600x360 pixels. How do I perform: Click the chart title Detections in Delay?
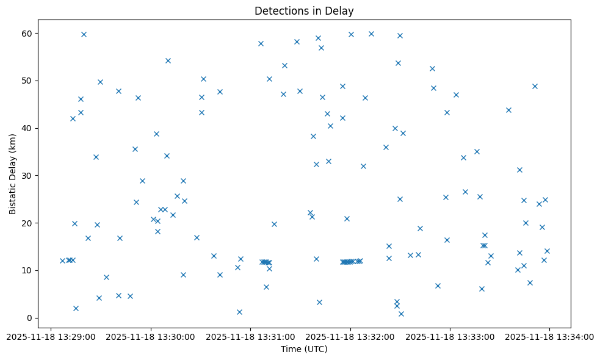[304, 11]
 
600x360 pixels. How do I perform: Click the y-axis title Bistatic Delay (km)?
[13, 174]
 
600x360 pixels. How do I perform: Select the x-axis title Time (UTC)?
[304, 349]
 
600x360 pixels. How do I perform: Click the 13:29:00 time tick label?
[51, 337]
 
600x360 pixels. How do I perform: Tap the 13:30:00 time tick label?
[151, 337]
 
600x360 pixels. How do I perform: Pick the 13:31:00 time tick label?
[251, 337]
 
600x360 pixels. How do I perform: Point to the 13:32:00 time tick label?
[350, 337]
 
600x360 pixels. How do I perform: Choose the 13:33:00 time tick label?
[450, 337]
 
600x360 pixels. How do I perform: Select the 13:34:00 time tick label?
[550, 337]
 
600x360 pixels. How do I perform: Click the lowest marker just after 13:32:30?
[401, 314]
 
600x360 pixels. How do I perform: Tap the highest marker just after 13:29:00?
[84, 34]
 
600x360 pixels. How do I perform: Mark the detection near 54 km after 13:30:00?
[168, 60]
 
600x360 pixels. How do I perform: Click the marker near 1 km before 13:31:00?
[239, 312]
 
